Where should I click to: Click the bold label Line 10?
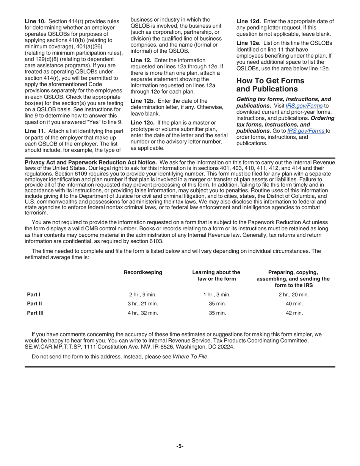coord(33,21)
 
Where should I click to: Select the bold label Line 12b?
coord(142,101)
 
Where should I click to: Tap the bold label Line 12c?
coord(142,123)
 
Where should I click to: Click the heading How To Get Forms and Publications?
coord(270,85)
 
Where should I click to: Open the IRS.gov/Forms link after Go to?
coord(306,131)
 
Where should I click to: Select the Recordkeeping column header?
coord(143,272)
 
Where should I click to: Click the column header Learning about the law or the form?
coord(216,275)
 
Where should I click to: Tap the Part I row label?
coord(33,294)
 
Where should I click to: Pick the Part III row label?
coord(35,313)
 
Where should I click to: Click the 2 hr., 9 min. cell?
coord(143,294)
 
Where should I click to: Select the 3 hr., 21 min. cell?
coord(143,304)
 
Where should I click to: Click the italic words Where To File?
coord(190,357)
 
